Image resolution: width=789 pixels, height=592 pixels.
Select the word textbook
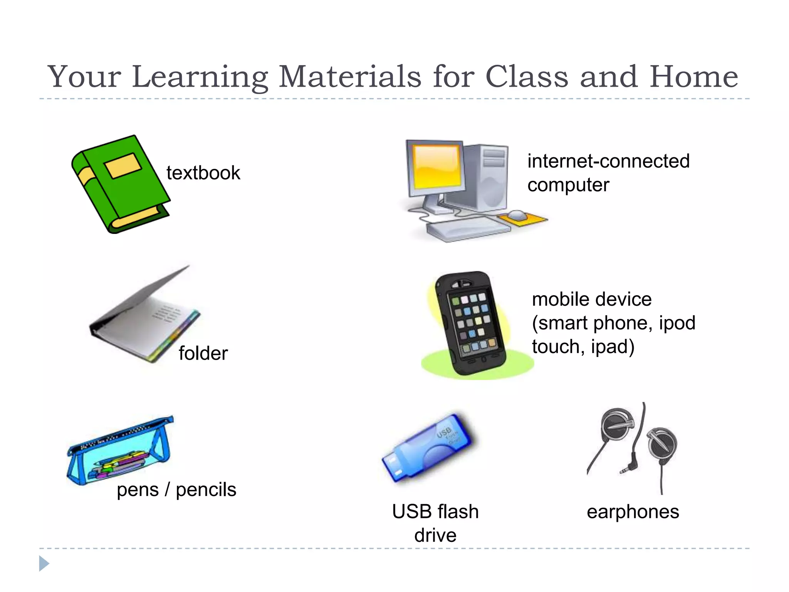click(203, 173)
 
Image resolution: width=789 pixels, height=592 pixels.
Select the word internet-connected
click(608, 161)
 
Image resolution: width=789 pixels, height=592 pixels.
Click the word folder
click(203, 353)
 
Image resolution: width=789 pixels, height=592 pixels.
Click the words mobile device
click(591, 299)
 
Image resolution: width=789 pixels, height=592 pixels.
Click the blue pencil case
click(119, 451)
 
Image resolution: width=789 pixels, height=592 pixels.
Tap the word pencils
click(206, 490)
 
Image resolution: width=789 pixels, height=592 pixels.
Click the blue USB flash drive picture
click(430, 447)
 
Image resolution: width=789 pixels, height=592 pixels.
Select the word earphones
click(633, 512)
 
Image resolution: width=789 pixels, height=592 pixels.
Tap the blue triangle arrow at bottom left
click(44, 563)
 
